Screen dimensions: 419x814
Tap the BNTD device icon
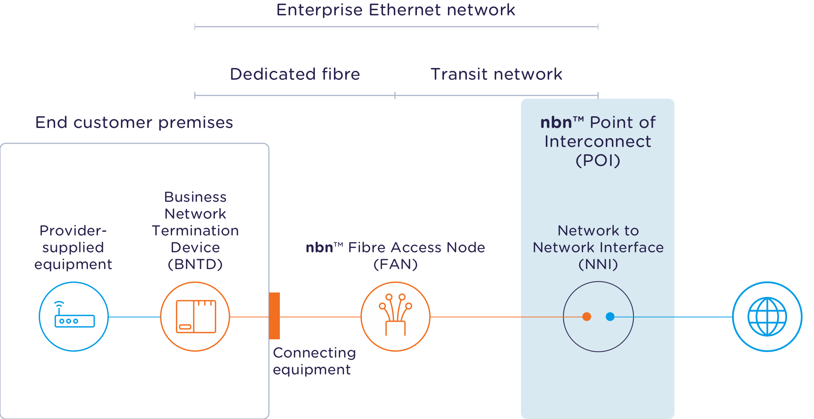[x=195, y=317]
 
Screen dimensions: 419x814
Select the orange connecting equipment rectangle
[x=274, y=316]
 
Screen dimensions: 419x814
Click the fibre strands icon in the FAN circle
[x=395, y=315]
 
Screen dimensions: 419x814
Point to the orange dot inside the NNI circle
[x=587, y=317]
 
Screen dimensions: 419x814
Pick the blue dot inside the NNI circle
[x=610, y=317]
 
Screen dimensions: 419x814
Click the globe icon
[x=767, y=317]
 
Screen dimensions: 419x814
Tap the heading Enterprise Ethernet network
[x=396, y=10]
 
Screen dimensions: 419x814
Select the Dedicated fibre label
[x=295, y=74]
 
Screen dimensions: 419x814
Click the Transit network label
[x=496, y=74]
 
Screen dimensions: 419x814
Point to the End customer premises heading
[x=134, y=122]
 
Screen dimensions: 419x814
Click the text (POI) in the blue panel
[x=598, y=161]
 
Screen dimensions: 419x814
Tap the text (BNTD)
[x=195, y=264]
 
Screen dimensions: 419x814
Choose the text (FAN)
[x=395, y=264]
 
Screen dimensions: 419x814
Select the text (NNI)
[x=598, y=264]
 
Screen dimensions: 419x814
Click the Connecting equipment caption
[x=314, y=361]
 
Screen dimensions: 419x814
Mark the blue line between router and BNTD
[x=134, y=317]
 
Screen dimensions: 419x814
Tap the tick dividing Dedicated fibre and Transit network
[x=395, y=95]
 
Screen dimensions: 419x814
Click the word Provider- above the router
[x=73, y=231]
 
